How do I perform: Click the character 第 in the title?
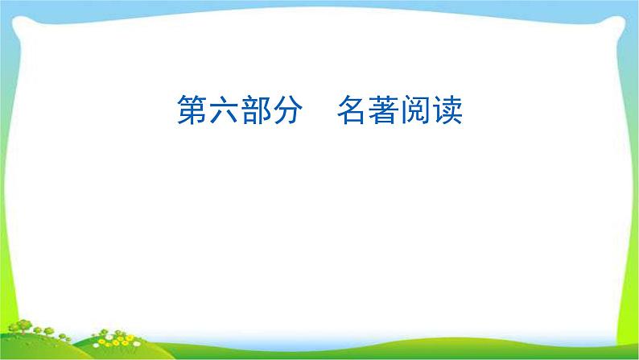[190, 112]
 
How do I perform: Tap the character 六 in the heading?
[225, 112]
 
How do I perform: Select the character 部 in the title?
[260, 112]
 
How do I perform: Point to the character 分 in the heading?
[295, 112]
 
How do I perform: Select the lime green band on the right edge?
[633, 161]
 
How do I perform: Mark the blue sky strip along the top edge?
[322, 3]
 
